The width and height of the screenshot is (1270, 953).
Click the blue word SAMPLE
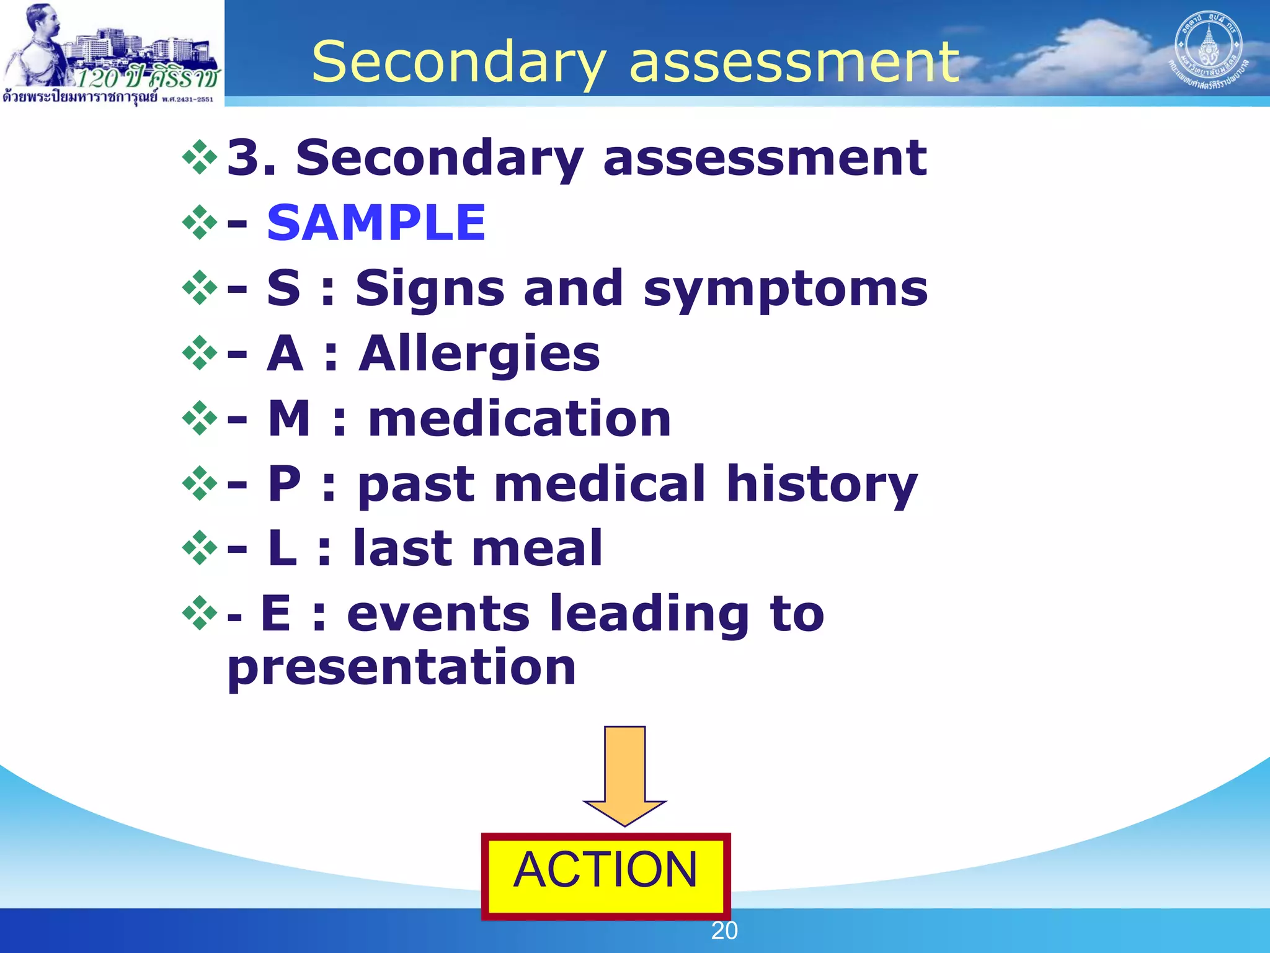[376, 223]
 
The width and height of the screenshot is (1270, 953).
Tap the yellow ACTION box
[606, 875]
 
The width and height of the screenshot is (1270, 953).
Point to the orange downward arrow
[624, 776]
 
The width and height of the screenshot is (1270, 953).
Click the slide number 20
[724, 931]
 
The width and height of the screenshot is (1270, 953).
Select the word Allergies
[479, 354]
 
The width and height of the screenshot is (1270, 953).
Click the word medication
[520, 419]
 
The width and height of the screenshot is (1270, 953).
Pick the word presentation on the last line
[402, 668]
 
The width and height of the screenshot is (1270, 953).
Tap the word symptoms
[785, 289]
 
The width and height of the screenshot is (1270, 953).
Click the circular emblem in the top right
[1207, 50]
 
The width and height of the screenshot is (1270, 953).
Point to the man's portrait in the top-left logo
[38, 43]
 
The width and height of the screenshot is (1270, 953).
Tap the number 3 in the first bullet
[243, 158]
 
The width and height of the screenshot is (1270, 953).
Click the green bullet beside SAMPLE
[200, 221]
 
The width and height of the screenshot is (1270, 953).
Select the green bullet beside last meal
[200, 547]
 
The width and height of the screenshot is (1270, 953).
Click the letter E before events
[275, 614]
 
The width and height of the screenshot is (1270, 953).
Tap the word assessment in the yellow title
[794, 62]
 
